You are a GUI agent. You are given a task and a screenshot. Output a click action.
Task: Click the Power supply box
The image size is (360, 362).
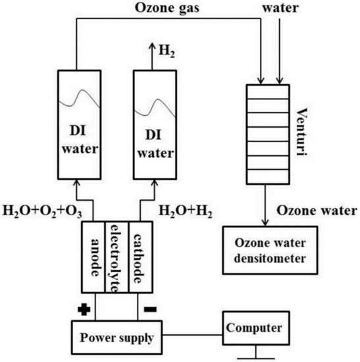click(x=116, y=338)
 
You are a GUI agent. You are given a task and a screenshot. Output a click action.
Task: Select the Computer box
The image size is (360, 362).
click(x=255, y=326)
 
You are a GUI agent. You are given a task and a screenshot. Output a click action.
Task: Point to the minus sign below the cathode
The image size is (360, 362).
click(x=150, y=308)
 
